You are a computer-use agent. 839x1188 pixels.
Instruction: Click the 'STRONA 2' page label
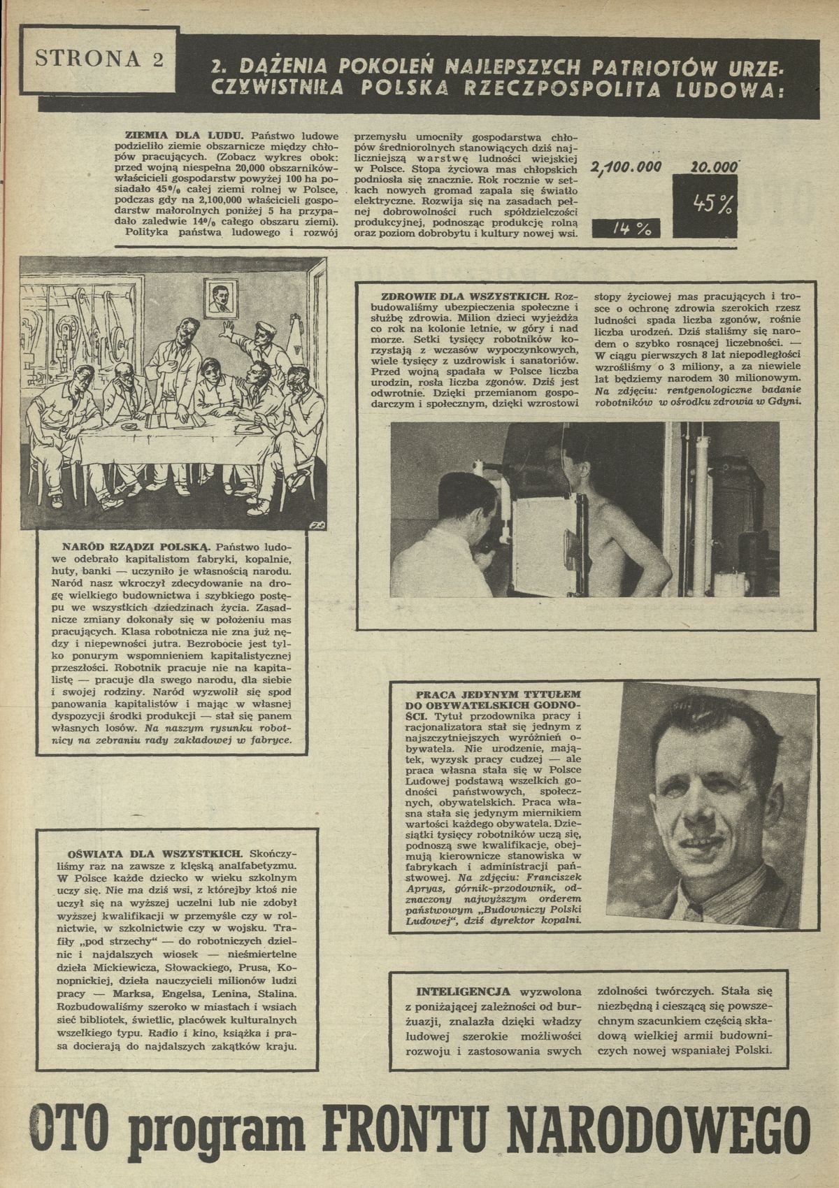(99, 59)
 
